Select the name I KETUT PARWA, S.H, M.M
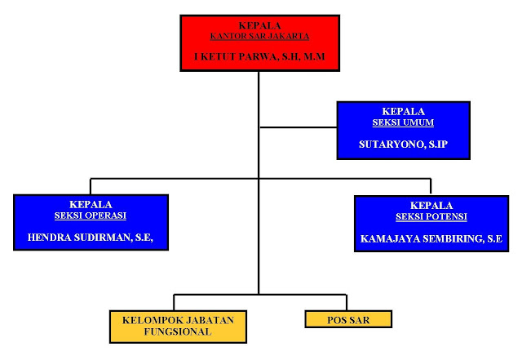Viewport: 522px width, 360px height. (259, 58)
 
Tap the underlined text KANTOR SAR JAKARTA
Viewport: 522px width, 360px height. (259, 36)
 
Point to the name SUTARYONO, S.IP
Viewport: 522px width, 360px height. (403, 144)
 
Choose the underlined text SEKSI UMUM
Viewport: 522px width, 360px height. (403, 122)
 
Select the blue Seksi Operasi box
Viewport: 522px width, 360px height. (91, 221)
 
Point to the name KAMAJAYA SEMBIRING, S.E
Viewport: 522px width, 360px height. (431, 240)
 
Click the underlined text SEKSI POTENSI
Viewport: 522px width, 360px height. (431, 216)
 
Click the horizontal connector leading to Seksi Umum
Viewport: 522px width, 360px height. (297, 127)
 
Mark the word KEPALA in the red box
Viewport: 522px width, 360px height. (259, 26)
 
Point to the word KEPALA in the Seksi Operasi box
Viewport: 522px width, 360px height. (91, 204)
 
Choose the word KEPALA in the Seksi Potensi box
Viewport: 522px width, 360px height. (431, 206)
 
